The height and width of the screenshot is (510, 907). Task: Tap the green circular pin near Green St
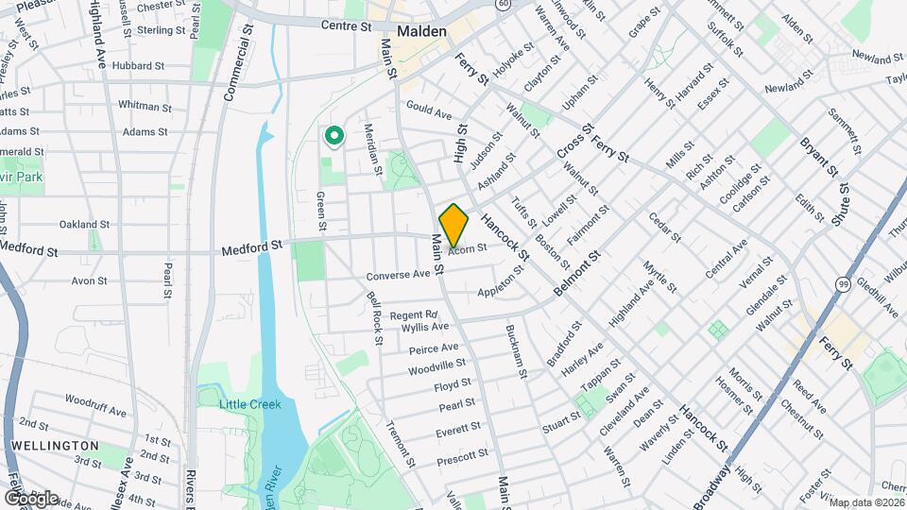pos(334,137)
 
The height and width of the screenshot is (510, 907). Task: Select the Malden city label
pos(421,31)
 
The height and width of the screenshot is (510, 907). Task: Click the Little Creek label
pos(250,404)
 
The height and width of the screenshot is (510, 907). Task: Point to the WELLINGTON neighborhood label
pos(56,445)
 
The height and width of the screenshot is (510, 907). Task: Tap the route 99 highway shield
pos(842,284)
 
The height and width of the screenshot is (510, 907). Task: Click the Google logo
pos(30,498)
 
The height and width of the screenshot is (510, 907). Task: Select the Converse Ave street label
pos(398,276)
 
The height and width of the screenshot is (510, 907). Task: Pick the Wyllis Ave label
pos(425,328)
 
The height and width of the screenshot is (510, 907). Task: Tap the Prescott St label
pos(462,455)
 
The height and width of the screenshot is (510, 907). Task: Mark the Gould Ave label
pos(429,112)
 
